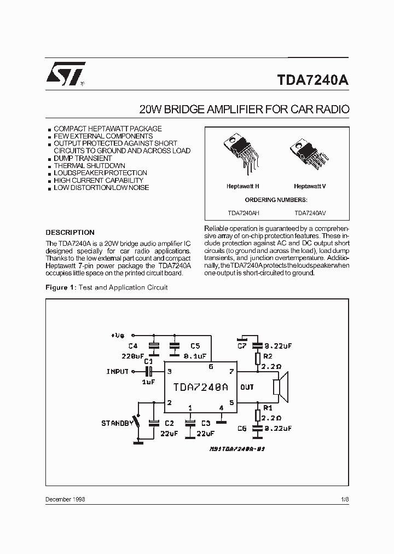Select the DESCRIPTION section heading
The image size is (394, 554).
point(70,232)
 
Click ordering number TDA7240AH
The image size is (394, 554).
point(244,213)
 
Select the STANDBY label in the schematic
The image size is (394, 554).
point(118,423)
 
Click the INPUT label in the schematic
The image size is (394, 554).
point(118,371)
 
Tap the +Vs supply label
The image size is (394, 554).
point(118,334)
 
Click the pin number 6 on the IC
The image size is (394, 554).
point(211,366)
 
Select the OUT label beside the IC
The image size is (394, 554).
point(247,388)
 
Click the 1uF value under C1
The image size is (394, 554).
point(148,381)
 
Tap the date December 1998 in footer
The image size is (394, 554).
point(65,500)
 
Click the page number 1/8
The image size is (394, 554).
point(344,500)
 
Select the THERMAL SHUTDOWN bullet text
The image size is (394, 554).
point(89,165)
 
